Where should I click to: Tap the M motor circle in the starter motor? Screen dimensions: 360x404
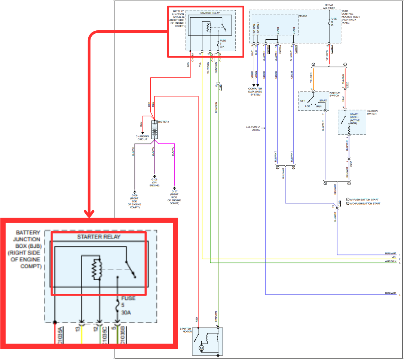point(201,348)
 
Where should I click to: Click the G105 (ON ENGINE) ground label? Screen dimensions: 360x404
point(154,182)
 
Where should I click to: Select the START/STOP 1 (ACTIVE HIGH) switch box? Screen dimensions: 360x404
point(352,122)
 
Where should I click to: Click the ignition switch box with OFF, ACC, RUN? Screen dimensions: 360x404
point(313,101)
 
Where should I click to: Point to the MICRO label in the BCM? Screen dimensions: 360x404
point(302,16)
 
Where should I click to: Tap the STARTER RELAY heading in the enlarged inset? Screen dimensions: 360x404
point(99,237)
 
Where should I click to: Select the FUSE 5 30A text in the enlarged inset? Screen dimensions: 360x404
point(128,305)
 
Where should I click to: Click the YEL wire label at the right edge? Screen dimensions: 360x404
point(394,257)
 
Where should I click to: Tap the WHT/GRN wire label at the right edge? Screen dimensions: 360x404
point(391,262)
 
